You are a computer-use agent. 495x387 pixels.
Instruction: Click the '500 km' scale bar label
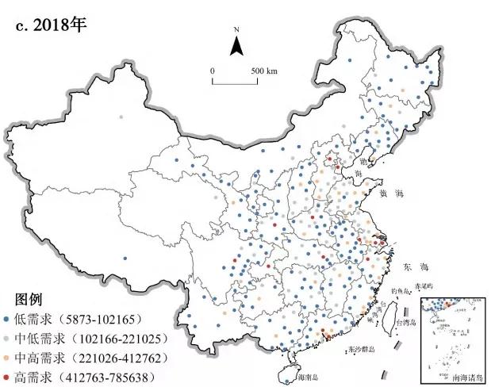click(x=263, y=71)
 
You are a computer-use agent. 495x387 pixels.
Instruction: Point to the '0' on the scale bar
click(x=213, y=71)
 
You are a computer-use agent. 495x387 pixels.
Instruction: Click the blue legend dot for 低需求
click(x=7, y=320)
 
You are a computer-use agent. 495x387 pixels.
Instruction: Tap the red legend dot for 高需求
click(x=7, y=376)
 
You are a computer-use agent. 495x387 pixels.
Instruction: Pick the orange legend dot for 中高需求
click(x=7, y=357)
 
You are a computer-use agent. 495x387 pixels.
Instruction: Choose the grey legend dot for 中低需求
click(x=7, y=339)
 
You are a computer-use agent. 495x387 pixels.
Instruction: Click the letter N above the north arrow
click(x=236, y=29)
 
